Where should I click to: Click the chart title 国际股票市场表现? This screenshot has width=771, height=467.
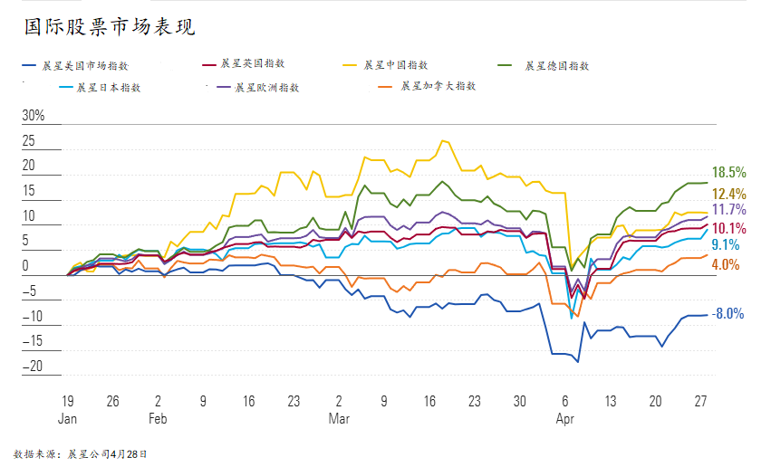pos(108,26)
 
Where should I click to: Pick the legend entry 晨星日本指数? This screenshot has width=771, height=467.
pos(108,88)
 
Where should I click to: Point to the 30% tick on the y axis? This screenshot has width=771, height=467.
pos(34,116)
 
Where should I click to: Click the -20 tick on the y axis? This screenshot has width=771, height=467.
pos(34,367)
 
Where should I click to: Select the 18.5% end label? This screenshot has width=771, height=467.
pos(728,172)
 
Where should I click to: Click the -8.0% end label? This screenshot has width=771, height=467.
pos(728,314)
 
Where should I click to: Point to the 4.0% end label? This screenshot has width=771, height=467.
pos(725,264)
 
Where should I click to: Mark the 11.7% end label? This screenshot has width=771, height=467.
pos(728,210)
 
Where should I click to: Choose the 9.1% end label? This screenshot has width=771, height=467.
pos(725,244)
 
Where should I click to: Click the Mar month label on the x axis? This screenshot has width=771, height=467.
pos(339,419)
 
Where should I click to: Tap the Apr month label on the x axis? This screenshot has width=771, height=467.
pos(565,419)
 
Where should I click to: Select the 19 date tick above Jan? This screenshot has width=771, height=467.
pos(67,401)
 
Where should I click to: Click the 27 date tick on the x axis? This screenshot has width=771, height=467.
pos(700,401)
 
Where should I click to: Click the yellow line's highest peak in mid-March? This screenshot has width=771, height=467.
pos(443,141)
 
